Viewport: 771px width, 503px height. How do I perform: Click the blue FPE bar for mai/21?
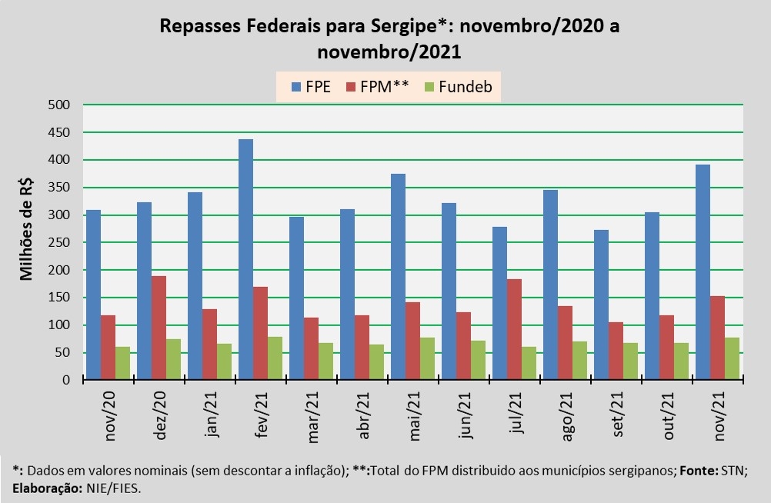[x=397, y=277]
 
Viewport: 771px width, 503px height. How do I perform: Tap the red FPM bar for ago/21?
[x=565, y=343]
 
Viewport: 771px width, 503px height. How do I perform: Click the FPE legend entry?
[x=310, y=86]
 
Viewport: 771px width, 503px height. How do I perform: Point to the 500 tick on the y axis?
[x=59, y=105]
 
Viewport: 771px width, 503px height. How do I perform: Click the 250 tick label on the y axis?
[x=59, y=242]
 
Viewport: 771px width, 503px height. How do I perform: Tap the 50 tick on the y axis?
[x=62, y=352]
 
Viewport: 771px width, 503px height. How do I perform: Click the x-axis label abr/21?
[x=364, y=416]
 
